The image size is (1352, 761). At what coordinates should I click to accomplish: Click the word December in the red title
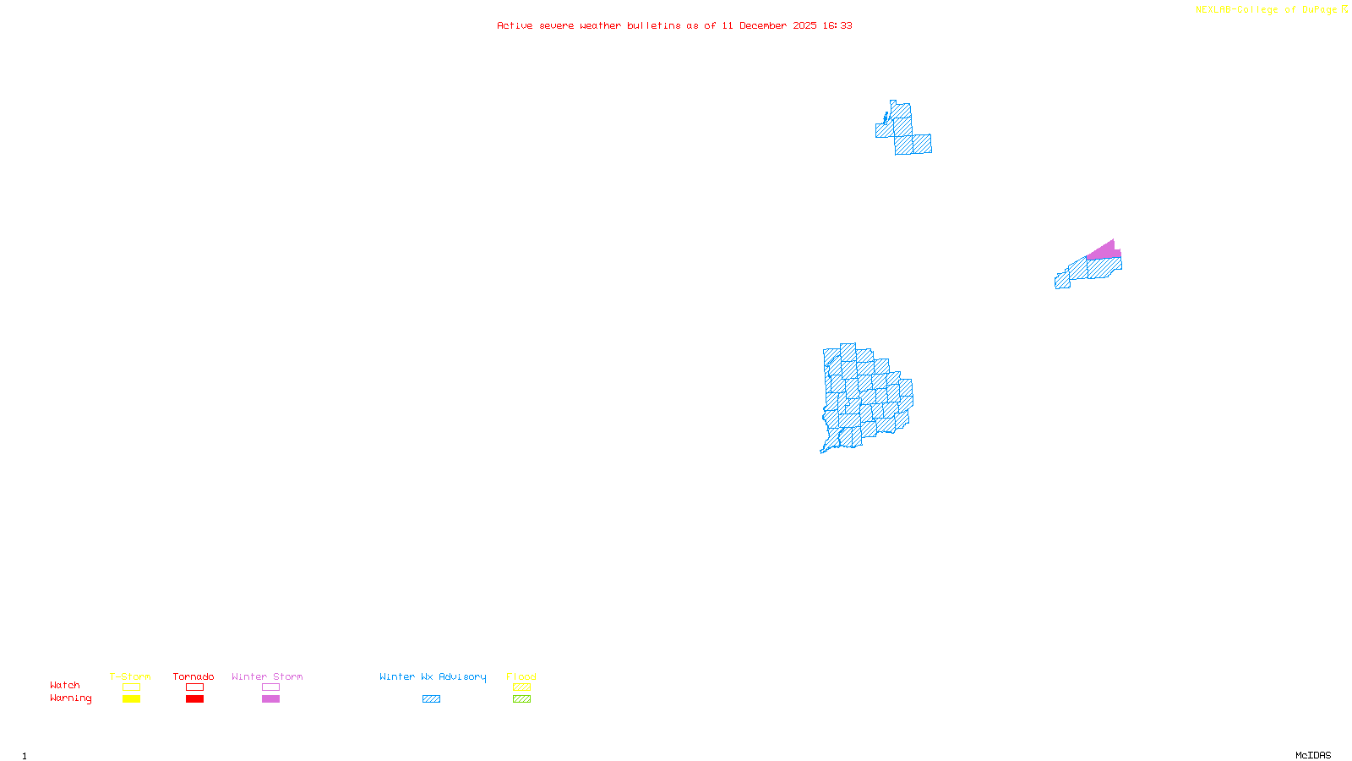763,25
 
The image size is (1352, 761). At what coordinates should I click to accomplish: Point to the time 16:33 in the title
837,25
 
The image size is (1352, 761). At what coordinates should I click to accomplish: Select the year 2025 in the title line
804,25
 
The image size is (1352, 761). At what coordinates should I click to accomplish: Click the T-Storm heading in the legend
130,676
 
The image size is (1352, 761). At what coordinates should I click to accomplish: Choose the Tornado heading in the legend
194,676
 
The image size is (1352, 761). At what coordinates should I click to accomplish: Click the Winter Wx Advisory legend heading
433,676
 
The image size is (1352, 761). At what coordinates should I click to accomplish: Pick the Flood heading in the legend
521,676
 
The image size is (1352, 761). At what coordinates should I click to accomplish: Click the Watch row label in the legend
65,686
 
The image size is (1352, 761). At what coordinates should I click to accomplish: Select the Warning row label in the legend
71,698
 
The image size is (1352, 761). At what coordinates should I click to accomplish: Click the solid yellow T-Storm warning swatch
131,699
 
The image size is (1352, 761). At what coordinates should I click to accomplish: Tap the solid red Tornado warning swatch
194,699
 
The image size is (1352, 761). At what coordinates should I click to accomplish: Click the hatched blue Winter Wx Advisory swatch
431,699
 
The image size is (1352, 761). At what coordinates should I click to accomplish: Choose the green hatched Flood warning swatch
521,699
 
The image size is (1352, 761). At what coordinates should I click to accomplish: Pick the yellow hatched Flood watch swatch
521,687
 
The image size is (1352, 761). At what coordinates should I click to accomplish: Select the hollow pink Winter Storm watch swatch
270,687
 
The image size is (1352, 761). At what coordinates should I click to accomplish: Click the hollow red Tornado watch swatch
194,687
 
